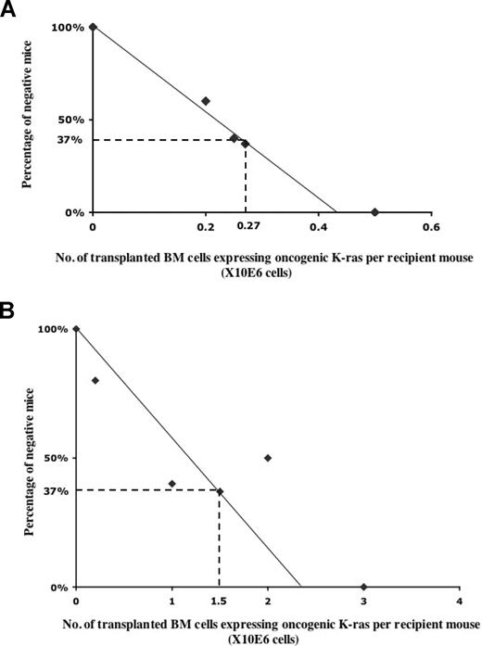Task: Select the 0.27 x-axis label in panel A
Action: pyautogui.click(x=247, y=225)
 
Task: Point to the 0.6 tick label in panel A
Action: pyautogui.click(x=430, y=225)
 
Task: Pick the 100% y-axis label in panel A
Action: pyautogui.click(x=69, y=27)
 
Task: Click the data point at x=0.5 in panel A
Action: pyautogui.click(x=374, y=212)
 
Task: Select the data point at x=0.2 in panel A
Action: pyautogui.click(x=206, y=101)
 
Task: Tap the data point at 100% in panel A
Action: pyautogui.click(x=93, y=27)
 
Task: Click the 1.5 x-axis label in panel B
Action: pyautogui.click(x=220, y=600)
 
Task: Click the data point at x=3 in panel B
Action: pyautogui.click(x=363, y=587)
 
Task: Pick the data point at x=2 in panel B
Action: pyautogui.click(x=268, y=458)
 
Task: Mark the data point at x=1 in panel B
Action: pyautogui.click(x=171, y=483)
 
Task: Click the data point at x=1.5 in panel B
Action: pyautogui.click(x=220, y=491)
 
